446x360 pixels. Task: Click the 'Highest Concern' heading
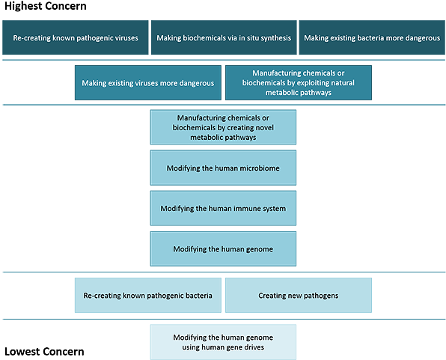46,6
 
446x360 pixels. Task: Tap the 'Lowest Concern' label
44,352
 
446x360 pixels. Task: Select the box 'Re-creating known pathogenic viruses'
76,37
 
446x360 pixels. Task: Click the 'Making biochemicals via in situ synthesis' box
224,37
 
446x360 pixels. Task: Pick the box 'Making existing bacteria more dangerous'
372,37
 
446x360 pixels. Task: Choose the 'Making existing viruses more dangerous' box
148,83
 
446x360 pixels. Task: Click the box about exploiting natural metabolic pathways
299,83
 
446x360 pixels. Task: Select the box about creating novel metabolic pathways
223,127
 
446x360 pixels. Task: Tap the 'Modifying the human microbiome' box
223,168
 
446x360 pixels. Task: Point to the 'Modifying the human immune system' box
223,208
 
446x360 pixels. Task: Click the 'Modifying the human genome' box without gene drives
223,249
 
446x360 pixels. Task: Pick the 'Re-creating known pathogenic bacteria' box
148,296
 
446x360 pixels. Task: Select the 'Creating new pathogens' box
299,296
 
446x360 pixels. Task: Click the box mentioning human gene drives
223,342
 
